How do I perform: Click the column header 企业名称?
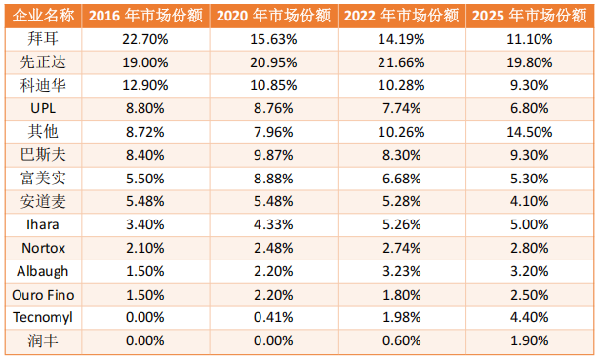pyautogui.click(x=41, y=16)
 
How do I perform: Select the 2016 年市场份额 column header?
pyautogui.click(x=142, y=16)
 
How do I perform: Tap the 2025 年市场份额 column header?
pyautogui.click(x=531, y=16)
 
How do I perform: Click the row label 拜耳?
pyautogui.click(x=41, y=39)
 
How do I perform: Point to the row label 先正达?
pyautogui.click(x=41, y=61)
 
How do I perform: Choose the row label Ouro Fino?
pyautogui.click(x=41, y=294)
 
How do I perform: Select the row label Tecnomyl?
pyautogui.click(x=41, y=317)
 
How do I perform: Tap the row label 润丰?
pyautogui.click(x=41, y=340)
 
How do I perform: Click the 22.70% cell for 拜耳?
pyautogui.click(x=142, y=39)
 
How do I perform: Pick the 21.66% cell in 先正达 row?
pyautogui.click(x=401, y=61)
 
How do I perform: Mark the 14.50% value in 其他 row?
pyautogui.click(x=531, y=132)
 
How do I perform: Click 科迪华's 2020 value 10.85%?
pyautogui.click(x=271, y=85)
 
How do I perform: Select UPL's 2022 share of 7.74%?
pyautogui.click(x=401, y=108)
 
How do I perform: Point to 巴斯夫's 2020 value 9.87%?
pyautogui.click(x=271, y=154)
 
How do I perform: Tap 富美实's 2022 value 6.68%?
pyautogui.click(x=401, y=178)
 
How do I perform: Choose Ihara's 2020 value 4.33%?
pyautogui.click(x=271, y=224)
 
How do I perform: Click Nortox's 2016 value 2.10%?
pyautogui.click(x=142, y=248)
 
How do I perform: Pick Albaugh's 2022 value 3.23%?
pyautogui.click(x=401, y=271)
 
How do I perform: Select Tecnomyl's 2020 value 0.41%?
pyautogui.click(x=271, y=317)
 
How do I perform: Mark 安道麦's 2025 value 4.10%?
pyautogui.click(x=531, y=201)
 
